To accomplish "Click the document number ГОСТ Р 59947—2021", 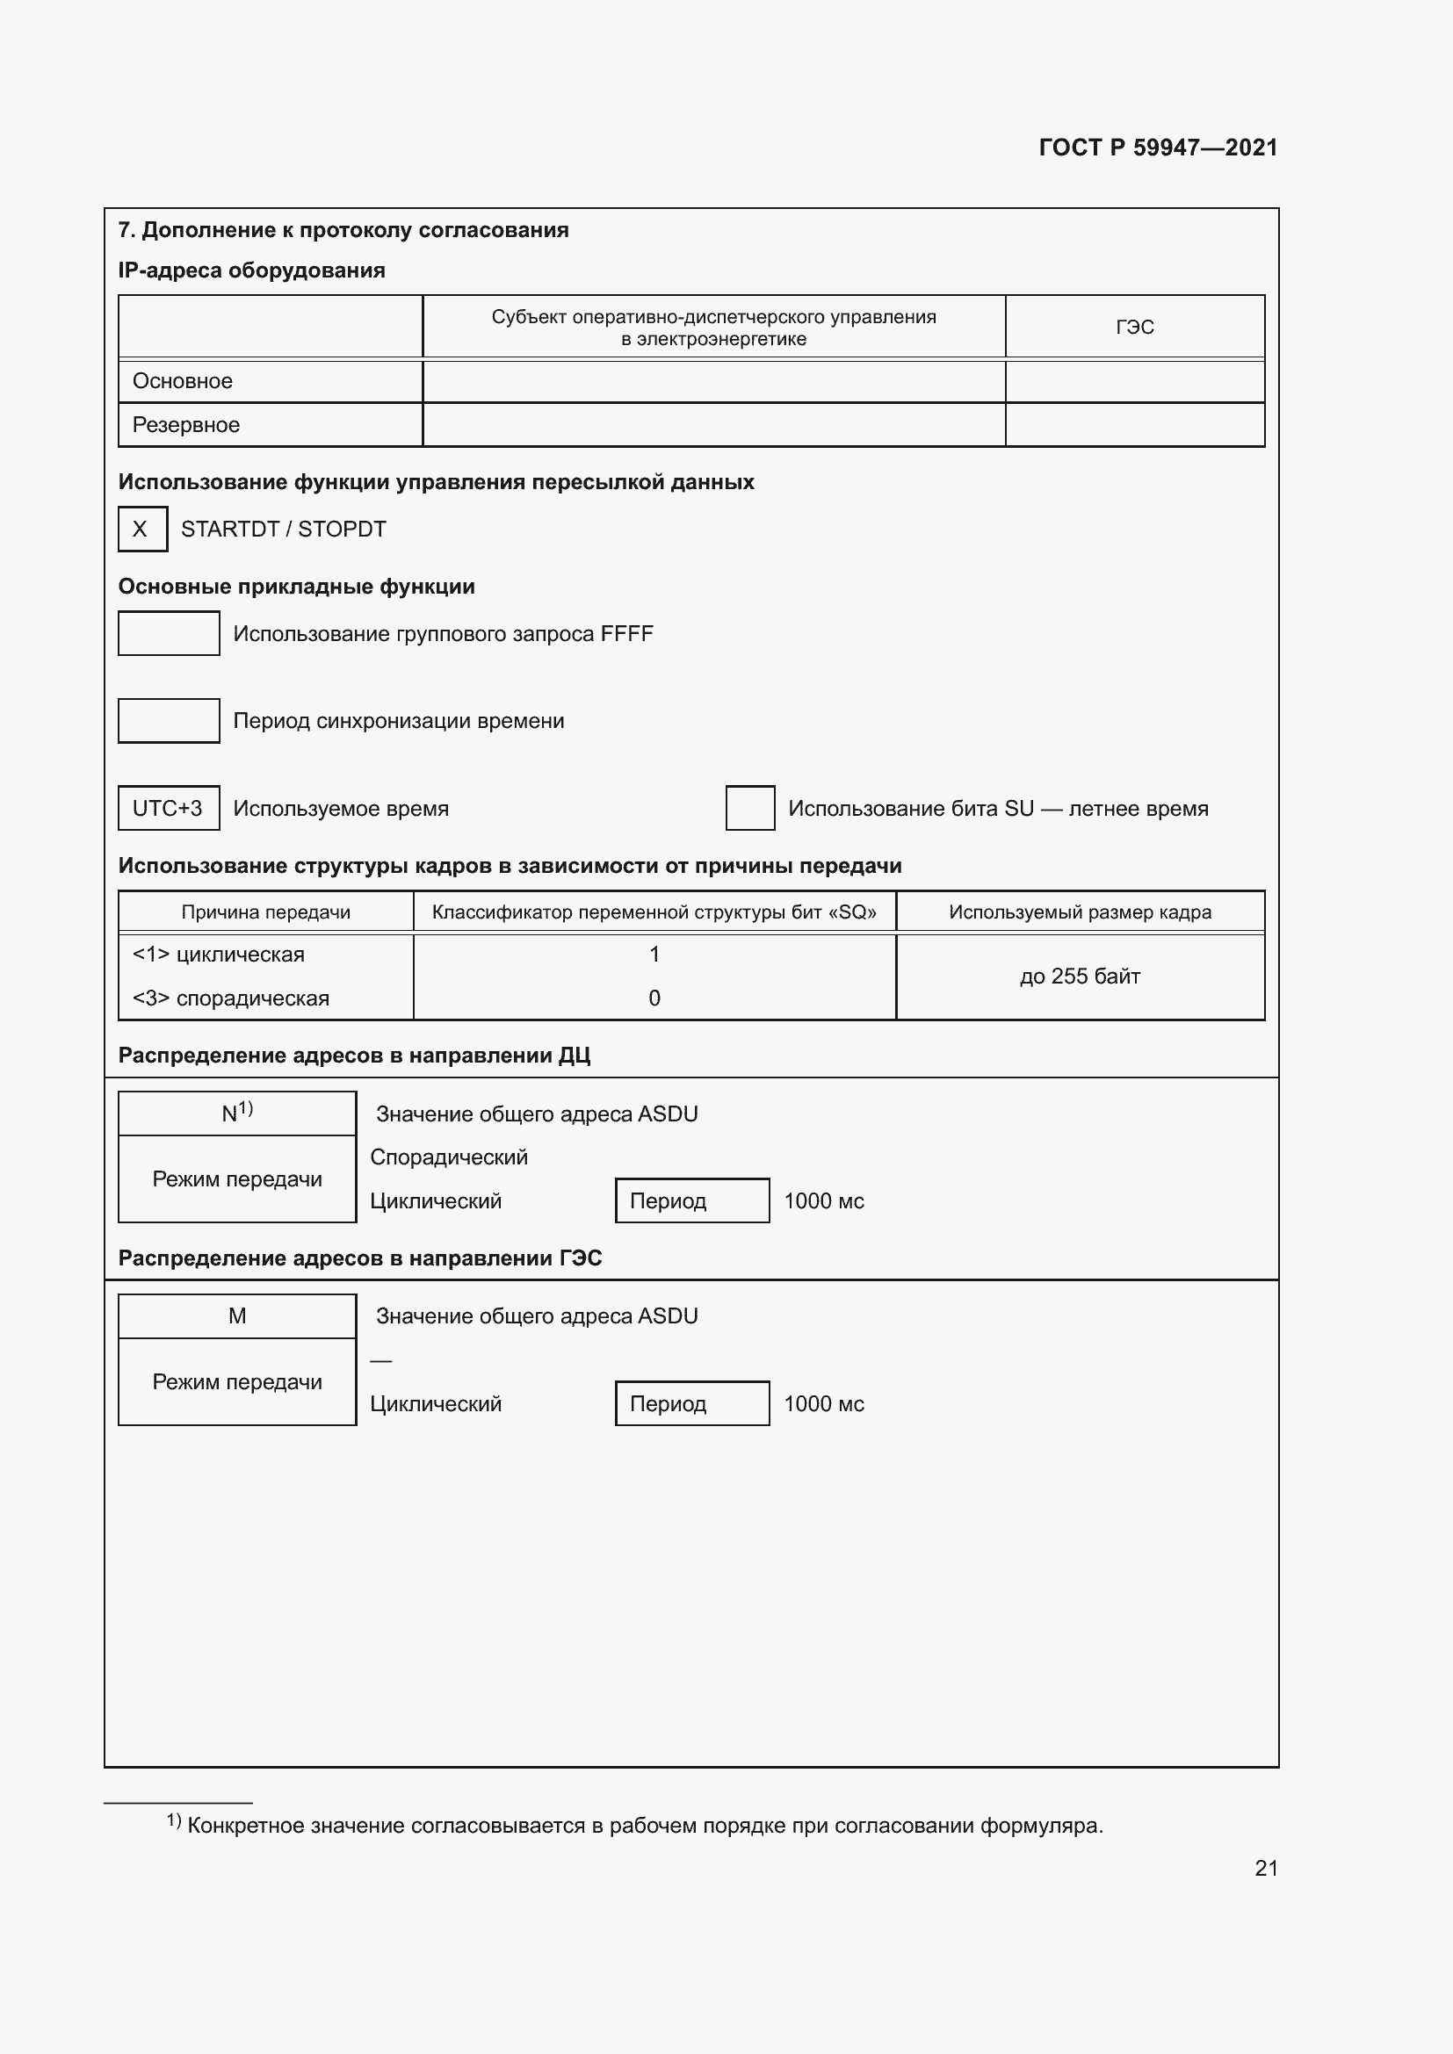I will tap(1158, 148).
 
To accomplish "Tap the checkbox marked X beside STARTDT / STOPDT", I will tap(142, 529).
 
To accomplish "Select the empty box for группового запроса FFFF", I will tap(168, 633).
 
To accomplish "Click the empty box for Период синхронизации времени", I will tap(168, 721).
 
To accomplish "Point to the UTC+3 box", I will tap(168, 809).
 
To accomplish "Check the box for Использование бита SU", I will tap(749, 809).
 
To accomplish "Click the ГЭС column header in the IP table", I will tap(1134, 328).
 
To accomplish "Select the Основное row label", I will tap(183, 381).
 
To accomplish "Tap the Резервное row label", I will tap(186, 425).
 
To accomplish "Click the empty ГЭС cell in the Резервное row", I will tap(1134, 425).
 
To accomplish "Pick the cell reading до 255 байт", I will tap(1080, 976).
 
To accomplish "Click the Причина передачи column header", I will tap(265, 912).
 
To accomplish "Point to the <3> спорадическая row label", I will tap(231, 998).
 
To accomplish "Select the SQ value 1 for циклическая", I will tap(654, 955).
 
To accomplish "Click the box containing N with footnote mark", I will tap(237, 1113).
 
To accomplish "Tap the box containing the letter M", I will tap(237, 1316).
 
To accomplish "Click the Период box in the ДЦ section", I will tap(691, 1200).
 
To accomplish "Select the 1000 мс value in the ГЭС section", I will tap(824, 1403).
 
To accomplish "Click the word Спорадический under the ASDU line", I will tap(449, 1157).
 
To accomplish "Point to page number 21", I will tap(1266, 1868).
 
